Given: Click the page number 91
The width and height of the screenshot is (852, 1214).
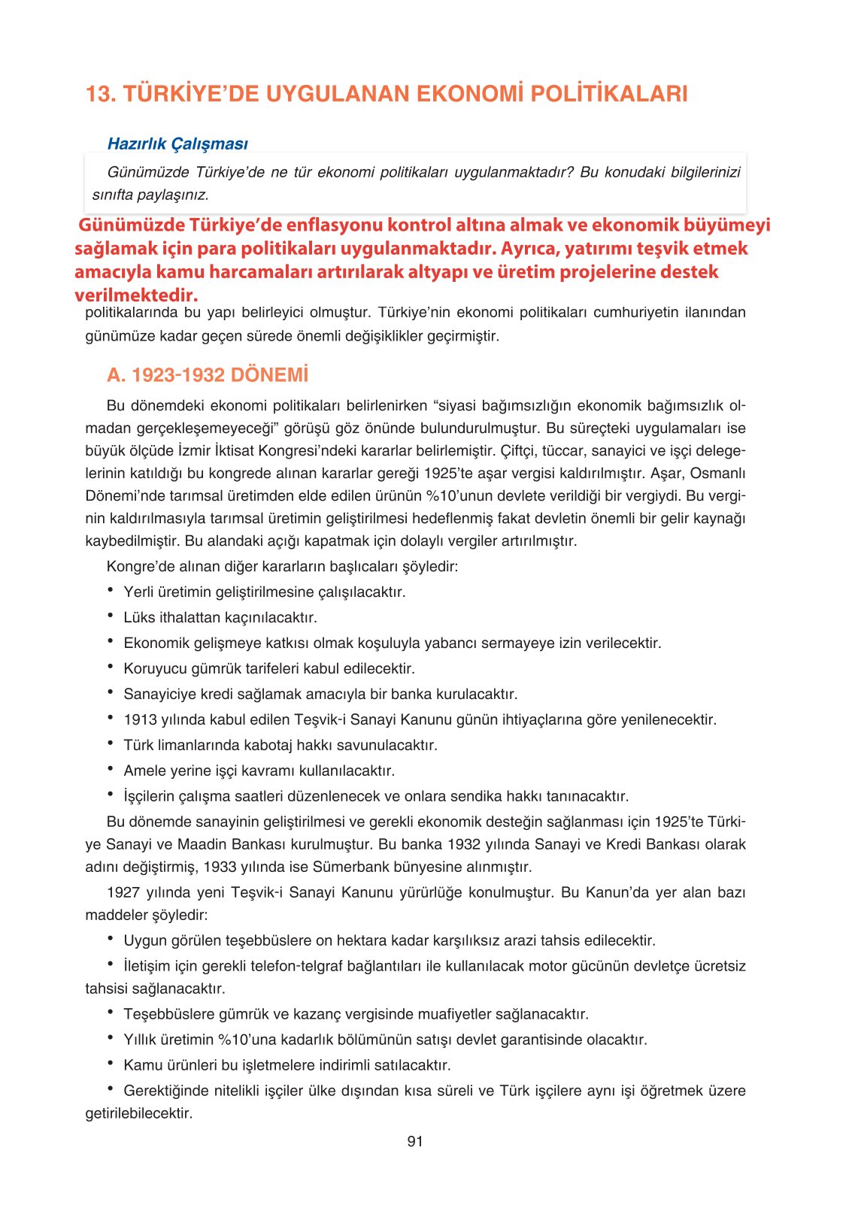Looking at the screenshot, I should pyautogui.click(x=415, y=1142).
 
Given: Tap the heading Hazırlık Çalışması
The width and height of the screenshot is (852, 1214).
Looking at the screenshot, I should pyautogui.click(x=177, y=144).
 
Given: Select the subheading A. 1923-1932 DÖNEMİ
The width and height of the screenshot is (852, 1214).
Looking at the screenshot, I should pyautogui.click(x=208, y=375).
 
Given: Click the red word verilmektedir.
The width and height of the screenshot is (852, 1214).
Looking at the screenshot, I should pyautogui.click(x=136, y=295).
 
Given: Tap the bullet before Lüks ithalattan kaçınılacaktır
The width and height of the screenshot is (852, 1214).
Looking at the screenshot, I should pyautogui.click(x=111, y=616).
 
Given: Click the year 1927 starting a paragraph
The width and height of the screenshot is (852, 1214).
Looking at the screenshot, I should pyautogui.click(x=123, y=893).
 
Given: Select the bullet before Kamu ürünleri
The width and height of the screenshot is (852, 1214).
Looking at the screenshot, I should pyautogui.click(x=111, y=1064).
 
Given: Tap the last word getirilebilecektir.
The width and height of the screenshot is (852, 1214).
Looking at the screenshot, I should pyautogui.click(x=139, y=1114).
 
